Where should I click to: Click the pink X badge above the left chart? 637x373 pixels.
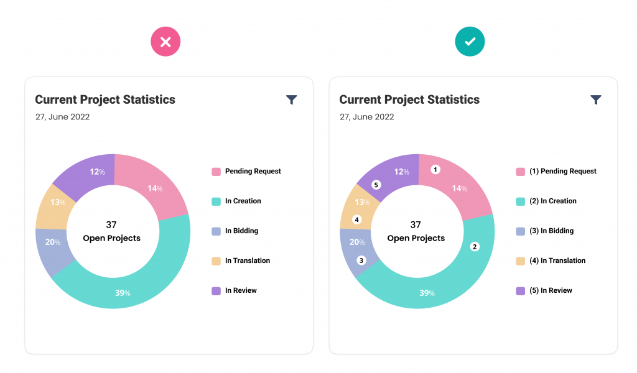(165, 42)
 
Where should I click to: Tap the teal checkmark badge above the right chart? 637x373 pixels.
(470, 42)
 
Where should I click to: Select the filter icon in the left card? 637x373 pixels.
(292, 99)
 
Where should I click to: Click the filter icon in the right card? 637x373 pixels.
(596, 99)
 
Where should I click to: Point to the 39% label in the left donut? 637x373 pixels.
(123, 293)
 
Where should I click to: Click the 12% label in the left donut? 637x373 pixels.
(98, 172)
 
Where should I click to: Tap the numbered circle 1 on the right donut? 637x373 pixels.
(435, 169)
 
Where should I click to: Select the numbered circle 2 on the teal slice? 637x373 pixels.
(475, 247)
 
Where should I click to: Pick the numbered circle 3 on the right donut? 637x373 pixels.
(361, 260)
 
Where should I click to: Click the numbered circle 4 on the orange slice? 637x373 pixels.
(356, 219)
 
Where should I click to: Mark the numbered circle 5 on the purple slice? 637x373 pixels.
(376, 185)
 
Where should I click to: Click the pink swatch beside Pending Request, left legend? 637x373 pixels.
(216, 172)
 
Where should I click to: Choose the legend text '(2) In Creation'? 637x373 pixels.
(552, 201)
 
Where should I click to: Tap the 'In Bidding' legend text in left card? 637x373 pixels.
(241, 231)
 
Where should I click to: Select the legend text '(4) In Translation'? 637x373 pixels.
(557, 260)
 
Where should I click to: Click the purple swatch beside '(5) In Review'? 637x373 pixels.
(520, 291)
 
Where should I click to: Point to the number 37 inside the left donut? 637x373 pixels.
(111, 224)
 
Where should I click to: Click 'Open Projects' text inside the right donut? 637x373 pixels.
(416, 238)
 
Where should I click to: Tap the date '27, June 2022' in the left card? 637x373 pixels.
(62, 117)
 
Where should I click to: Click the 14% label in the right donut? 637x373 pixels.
(460, 188)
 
